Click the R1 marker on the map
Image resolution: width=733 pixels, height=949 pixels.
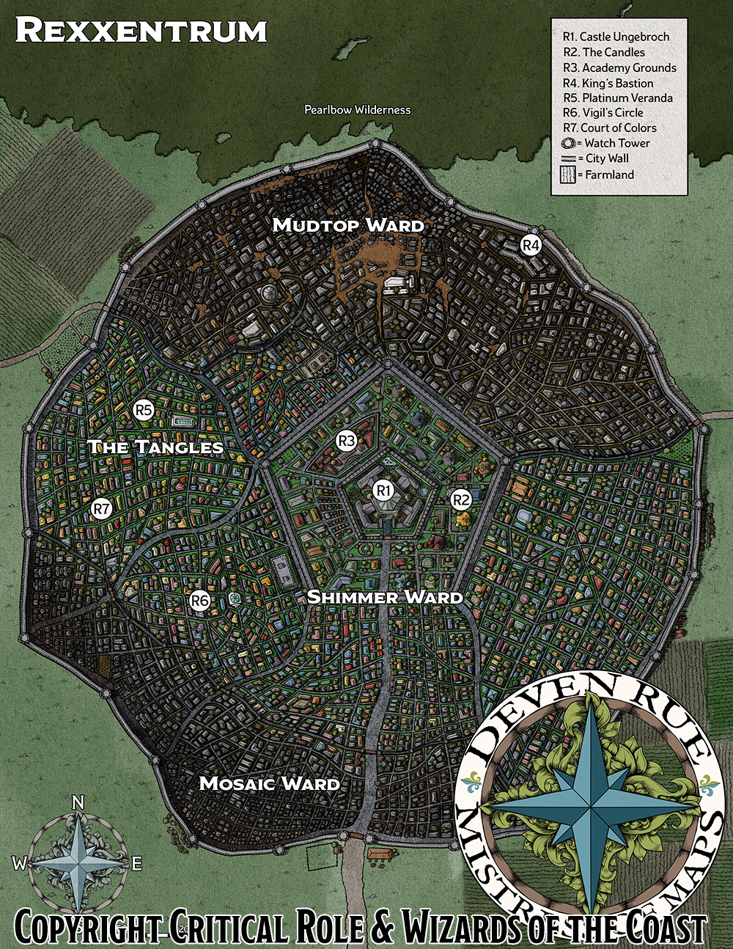click(x=383, y=490)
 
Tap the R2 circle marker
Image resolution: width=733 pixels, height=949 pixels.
click(x=460, y=500)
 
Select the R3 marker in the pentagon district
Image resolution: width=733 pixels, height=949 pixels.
click(x=346, y=441)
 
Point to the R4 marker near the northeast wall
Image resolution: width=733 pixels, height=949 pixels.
click(x=531, y=246)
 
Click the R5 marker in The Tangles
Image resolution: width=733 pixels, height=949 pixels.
click(x=144, y=411)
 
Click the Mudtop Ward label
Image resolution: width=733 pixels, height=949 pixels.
click(x=348, y=225)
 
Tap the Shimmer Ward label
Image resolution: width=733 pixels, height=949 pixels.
click(x=384, y=597)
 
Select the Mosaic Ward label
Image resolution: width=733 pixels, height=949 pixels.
click(x=269, y=783)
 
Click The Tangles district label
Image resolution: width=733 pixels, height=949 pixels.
click(x=155, y=447)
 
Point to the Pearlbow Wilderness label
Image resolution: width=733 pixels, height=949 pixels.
click(x=358, y=110)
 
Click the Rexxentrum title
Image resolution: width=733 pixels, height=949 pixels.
click(x=141, y=31)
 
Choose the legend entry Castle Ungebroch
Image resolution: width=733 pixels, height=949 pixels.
click(x=616, y=37)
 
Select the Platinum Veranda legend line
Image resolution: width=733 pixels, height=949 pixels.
click(x=617, y=98)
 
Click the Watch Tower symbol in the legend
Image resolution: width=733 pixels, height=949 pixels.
click(x=569, y=144)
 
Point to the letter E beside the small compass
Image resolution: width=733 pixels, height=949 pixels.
click(x=136, y=865)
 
